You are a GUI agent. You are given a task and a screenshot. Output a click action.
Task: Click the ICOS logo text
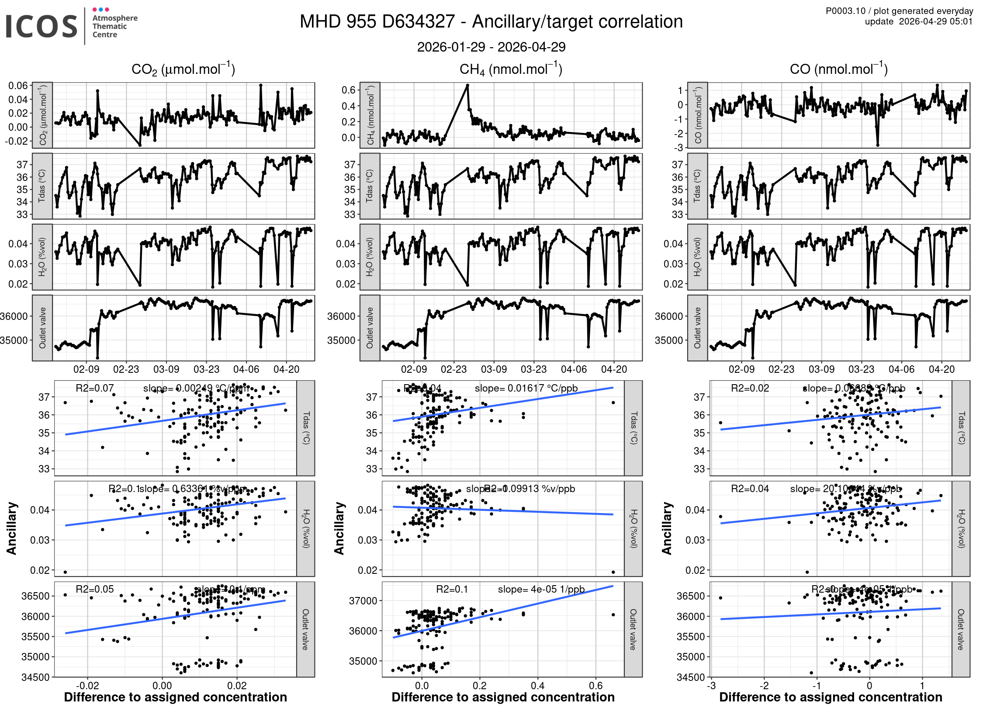[x=42, y=26]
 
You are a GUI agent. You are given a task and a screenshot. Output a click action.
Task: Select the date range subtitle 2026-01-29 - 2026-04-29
[x=491, y=47]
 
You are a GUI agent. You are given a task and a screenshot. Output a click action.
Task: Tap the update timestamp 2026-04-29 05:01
[x=936, y=21]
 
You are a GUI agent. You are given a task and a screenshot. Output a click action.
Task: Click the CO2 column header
[x=183, y=69]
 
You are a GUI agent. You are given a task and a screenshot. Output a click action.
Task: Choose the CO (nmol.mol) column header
[x=838, y=69]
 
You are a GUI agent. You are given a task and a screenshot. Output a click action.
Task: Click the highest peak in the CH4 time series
[x=467, y=85]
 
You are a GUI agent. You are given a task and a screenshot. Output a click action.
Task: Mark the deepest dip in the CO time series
[x=878, y=145]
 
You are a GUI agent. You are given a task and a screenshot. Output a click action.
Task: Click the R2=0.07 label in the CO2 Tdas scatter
[x=94, y=388]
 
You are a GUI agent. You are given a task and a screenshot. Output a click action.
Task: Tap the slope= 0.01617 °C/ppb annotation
[x=526, y=388]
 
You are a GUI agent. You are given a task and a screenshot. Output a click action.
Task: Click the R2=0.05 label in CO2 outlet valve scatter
[x=94, y=589]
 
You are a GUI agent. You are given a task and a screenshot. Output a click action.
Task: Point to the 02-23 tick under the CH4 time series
[x=453, y=369]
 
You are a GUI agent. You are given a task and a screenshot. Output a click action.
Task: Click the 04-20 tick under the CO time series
[x=941, y=369]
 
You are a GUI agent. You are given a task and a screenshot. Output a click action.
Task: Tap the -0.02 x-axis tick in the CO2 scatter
[x=87, y=686]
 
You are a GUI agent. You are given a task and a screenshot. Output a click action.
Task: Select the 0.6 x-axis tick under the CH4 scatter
[x=596, y=686]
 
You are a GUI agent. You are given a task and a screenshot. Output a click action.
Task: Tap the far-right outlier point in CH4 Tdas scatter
[x=613, y=403]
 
